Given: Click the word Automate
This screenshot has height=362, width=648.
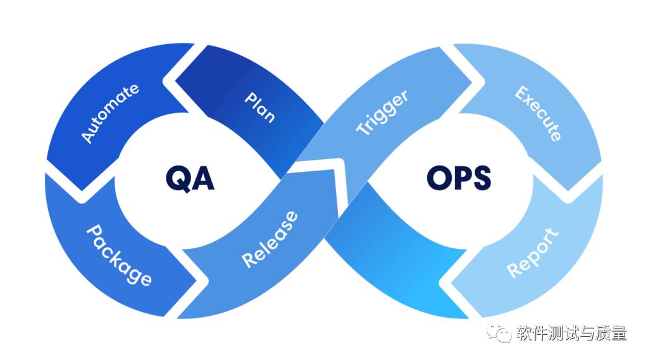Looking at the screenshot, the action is click(110, 113).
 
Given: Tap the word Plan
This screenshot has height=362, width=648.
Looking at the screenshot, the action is click(259, 107).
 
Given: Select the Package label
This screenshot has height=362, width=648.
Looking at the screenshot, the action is click(119, 255).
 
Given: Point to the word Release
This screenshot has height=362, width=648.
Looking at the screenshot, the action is click(270, 239).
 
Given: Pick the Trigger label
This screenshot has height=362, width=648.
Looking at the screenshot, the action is click(382, 112).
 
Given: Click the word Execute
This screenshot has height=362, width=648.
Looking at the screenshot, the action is click(538, 114).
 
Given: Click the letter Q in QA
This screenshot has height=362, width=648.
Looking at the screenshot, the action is click(178, 179).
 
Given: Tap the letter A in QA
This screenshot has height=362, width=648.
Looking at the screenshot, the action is click(202, 178).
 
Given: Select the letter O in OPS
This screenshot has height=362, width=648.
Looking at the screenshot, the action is click(439, 178).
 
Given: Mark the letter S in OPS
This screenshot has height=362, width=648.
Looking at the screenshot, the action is click(482, 178).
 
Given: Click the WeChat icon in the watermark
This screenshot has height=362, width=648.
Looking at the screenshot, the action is click(499, 334).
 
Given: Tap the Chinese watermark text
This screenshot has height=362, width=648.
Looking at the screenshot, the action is click(571, 334).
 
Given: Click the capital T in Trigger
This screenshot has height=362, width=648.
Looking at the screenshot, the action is click(363, 128).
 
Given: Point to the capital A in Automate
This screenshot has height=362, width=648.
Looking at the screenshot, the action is click(87, 136).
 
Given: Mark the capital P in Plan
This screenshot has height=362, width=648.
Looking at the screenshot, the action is click(251, 99).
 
